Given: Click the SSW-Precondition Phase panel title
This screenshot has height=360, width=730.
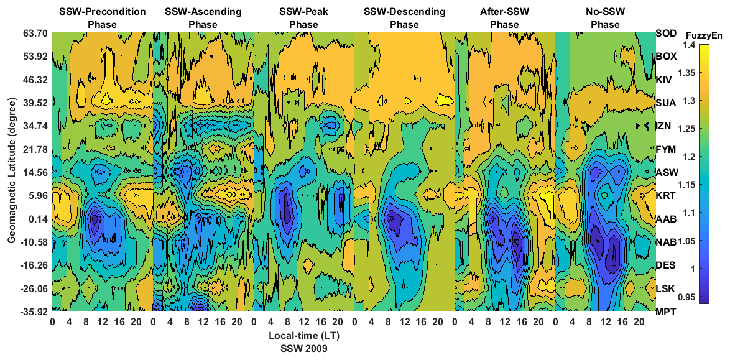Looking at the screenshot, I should [102, 18].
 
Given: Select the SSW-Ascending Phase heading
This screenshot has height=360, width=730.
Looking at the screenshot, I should [203, 18].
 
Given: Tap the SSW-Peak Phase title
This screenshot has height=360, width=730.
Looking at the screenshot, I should [303, 18].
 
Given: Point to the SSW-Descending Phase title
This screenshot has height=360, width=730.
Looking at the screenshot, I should [404, 18].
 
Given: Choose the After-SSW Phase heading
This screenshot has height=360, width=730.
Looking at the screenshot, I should [504, 18].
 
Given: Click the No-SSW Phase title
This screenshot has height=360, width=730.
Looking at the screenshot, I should [605, 18].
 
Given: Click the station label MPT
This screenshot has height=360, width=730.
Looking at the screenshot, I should [666, 312].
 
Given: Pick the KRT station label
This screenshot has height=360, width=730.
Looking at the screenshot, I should [666, 195].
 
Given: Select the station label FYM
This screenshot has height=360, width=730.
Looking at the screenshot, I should [666, 149].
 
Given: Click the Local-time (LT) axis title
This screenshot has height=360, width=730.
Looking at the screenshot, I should [303, 336].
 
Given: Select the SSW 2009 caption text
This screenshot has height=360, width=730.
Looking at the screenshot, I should [303, 349].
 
